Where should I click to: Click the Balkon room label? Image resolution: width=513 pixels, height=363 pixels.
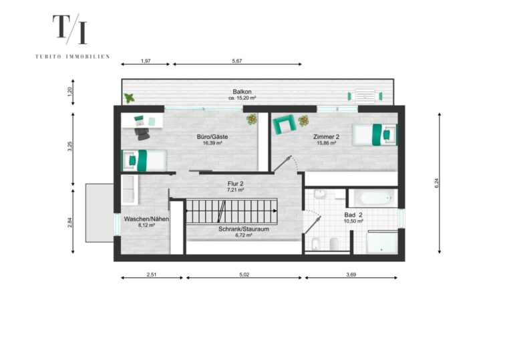click(x=242, y=92)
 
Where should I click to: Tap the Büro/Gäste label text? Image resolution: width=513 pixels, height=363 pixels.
click(x=212, y=137)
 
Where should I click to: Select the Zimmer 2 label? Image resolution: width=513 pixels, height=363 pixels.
click(x=326, y=137)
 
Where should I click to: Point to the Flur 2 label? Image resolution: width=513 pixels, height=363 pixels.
click(x=236, y=184)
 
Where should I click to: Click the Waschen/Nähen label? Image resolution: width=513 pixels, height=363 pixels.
click(x=146, y=219)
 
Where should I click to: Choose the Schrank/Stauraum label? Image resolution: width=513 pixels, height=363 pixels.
click(x=244, y=229)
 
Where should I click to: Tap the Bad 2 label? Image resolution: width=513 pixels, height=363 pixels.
click(x=353, y=215)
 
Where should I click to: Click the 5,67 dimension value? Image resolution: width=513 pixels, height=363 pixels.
click(x=237, y=61)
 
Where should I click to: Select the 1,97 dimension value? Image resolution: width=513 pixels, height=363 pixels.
click(x=146, y=61)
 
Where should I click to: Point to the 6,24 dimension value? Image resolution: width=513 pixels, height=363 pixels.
click(x=436, y=183)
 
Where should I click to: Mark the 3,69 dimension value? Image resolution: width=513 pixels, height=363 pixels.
click(x=351, y=275)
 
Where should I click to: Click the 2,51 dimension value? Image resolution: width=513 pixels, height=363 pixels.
click(x=152, y=275)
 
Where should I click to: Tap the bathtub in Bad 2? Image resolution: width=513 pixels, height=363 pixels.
click(x=373, y=198)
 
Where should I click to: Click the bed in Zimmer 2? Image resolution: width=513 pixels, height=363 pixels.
click(x=375, y=134)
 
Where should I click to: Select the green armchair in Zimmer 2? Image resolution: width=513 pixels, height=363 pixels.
click(x=284, y=124)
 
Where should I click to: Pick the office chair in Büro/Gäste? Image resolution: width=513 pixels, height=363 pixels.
click(x=142, y=134)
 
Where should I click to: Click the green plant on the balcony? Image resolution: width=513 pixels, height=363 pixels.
click(x=129, y=98)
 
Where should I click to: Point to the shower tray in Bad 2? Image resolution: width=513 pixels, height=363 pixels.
click(x=382, y=242)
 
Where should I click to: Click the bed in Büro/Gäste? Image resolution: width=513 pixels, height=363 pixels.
click(x=144, y=160)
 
